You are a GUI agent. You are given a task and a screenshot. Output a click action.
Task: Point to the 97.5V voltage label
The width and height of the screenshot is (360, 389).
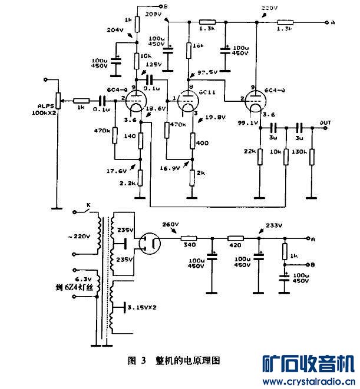pos(207,72)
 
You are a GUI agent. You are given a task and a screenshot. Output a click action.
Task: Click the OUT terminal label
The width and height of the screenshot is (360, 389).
pos(325,122)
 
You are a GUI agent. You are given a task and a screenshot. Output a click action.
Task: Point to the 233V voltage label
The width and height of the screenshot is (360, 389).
pos(274,225)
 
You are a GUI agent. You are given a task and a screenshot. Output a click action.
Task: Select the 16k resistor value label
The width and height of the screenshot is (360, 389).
pos(197,45)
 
